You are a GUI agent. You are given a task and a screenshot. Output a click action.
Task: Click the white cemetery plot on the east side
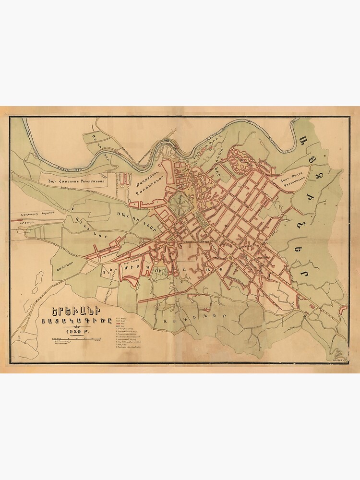pyautogui.click(x=294, y=180)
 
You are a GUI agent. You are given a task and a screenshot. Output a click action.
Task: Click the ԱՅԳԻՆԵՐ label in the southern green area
pyautogui.click(x=194, y=317)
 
